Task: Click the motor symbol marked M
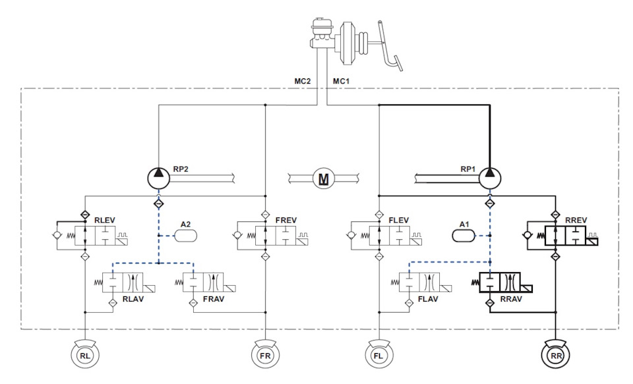tap(324, 178)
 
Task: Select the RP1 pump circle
tap(490, 178)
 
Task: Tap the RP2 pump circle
tap(158, 178)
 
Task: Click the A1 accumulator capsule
tap(463, 235)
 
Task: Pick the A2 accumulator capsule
tap(186, 235)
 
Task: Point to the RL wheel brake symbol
tap(85, 354)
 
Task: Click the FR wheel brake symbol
tap(265, 354)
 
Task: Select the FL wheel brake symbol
tap(378, 354)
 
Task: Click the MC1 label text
tap(341, 81)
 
